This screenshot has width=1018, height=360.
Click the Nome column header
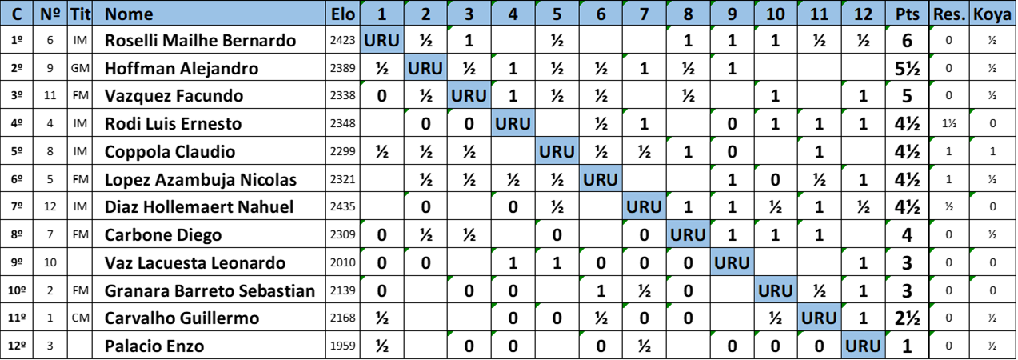coord(128,14)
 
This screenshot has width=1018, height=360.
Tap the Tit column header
coord(79,14)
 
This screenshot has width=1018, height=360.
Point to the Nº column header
coord(50,14)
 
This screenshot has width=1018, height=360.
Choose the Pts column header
coord(907,14)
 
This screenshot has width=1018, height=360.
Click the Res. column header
coord(948,14)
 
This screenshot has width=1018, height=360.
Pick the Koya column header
coord(992,14)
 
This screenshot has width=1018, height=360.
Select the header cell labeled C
coord(17,14)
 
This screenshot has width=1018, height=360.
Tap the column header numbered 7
coord(645,14)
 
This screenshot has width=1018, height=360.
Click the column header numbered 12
coord(863,14)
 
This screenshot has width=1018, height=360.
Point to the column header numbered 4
coord(513,14)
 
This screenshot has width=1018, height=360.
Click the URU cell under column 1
coord(382,40)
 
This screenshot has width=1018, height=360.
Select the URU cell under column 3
coord(469,96)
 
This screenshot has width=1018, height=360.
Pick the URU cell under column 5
coord(557,151)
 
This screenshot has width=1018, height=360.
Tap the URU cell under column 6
coord(601,179)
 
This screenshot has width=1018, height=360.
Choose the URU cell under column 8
coord(688,235)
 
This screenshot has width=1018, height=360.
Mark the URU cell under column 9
coord(732,262)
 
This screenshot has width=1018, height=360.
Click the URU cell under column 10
coord(776,290)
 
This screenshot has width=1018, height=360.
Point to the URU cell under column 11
coord(819,318)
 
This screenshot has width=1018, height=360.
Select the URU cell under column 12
coord(863,346)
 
